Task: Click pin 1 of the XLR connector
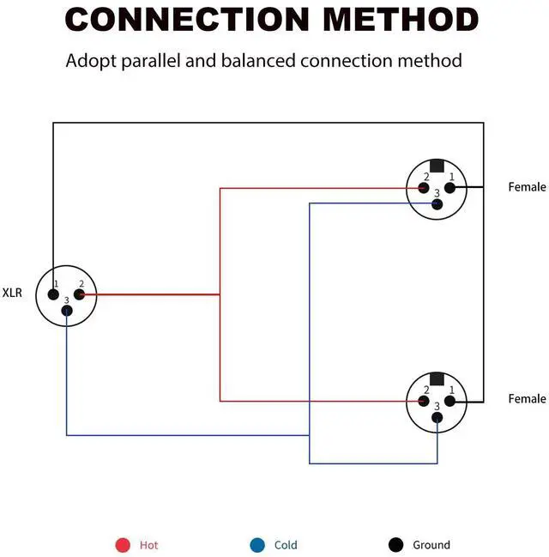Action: pos(53,294)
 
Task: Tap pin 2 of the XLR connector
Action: pos(79,294)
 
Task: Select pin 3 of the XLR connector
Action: pos(67,311)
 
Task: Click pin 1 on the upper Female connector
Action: pos(450,188)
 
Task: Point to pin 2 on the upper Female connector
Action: pos(424,188)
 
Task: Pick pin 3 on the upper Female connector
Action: pos(437,204)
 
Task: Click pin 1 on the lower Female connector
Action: pos(450,401)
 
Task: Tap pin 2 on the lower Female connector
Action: pos(424,401)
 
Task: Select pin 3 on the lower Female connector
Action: pos(437,417)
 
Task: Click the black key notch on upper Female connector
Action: pos(437,166)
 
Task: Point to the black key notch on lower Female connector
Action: pos(437,379)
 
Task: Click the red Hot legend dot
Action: pos(123,545)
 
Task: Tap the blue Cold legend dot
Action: pos(257,545)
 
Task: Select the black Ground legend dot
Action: pos(396,545)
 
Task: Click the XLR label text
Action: pos(12,293)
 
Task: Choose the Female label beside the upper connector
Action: pos(528,187)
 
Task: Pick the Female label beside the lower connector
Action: pos(528,398)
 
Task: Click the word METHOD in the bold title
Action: pos(401,19)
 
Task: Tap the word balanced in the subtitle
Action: pos(258,60)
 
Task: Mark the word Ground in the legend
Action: pos(431,545)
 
